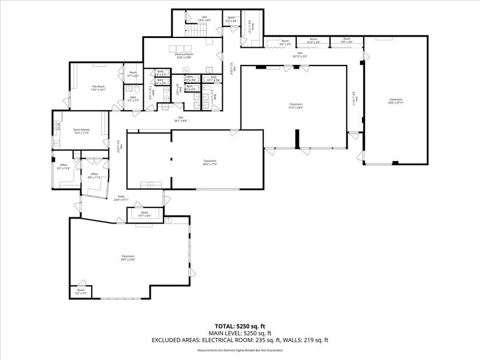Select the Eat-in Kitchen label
pyautogui.click(x=81, y=131)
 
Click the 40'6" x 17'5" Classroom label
pyautogui.click(x=211, y=163)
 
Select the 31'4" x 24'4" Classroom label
pyautogui.click(x=296, y=105)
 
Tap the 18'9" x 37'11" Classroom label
pyautogui.click(x=396, y=101)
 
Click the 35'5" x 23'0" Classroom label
pyautogui.click(x=128, y=258)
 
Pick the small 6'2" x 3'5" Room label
pyautogui.click(x=81, y=291)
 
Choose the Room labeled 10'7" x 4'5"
pyautogui.click(x=144, y=214)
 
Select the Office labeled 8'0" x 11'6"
pyautogui.click(x=94, y=176)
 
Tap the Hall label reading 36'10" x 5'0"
pyautogui.click(x=300, y=54)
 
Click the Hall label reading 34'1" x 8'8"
pyautogui.click(x=181, y=119)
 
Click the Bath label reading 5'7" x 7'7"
pyautogui.click(x=133, y=99)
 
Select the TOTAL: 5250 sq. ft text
pyautogui.click(x=239, y=326)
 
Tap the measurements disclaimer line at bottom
pyautogui.click(x=239, y=350)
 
